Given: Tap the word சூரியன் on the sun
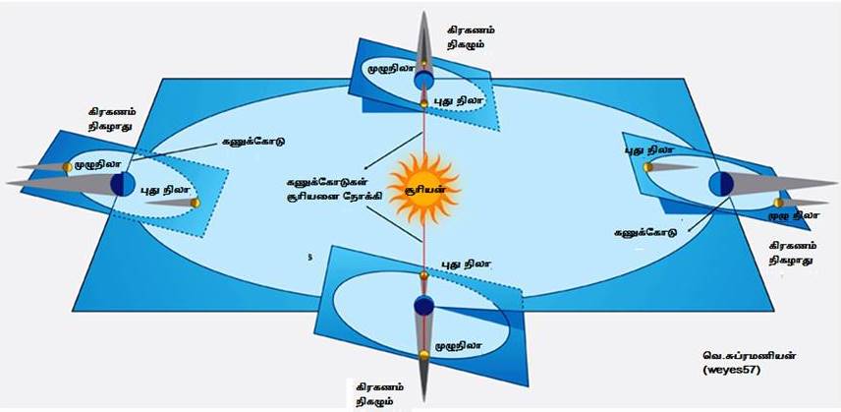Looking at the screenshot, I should (x=423, y=187).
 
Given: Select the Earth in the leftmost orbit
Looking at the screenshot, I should (x=122, y=183).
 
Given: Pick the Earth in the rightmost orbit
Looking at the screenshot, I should (x=720, y=184).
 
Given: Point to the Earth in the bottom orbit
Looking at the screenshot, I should (x=423, y=309).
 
